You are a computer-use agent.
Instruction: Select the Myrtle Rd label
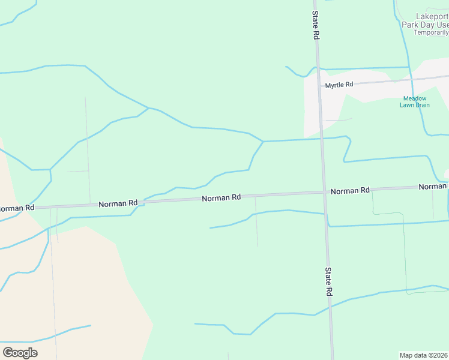(339, 85)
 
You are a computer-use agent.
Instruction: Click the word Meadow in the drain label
(415, 98)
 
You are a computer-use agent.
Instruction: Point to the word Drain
(423, 105)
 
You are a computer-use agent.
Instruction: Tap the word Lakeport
(432, 17)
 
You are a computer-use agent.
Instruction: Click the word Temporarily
(431, 32)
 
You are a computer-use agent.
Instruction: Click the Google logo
(20, 352)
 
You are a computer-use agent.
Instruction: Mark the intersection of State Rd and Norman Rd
(324, 193)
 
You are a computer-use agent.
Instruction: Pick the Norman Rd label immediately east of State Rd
(349, 191)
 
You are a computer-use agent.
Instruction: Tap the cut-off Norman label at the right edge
(433, 187)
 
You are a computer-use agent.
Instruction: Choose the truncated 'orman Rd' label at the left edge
(17, 208)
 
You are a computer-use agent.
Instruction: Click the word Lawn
(408, 105)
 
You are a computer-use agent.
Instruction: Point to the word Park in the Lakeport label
(409, 25)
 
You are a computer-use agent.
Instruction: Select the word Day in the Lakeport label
(427, 25)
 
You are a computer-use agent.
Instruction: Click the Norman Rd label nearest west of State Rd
(221, 197)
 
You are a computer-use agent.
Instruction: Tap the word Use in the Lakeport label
(442, 25)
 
